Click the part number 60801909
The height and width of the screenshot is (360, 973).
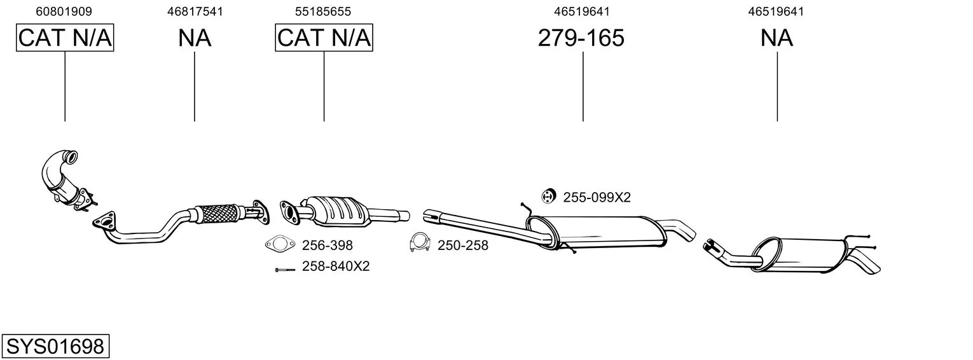click(64, 11)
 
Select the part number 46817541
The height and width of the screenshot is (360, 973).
click(195, 11)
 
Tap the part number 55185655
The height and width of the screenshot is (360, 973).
click(322, 11)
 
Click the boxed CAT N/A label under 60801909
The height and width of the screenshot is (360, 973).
click(65, 38)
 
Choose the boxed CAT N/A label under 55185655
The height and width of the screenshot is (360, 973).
click(324, 38)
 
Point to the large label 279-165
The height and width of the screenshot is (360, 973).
click(581, 38)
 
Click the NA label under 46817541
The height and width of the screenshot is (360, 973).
click(195, 38)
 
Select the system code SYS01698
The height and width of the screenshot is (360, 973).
click(55, 347)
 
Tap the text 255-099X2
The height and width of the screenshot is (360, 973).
click(597, 198)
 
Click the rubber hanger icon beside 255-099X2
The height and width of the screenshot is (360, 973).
click(549, 197)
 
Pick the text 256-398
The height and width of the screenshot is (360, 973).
click(327, 246)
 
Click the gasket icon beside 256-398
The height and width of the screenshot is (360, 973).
click(280, 244)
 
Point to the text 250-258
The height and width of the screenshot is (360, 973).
click(462, 246)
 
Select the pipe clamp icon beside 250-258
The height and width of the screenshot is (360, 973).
click(420, 243)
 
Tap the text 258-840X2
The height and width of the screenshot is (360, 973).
click(336, 266)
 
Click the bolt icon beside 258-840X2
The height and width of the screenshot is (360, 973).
click(285, 270)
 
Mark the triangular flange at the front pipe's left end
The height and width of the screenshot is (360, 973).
click(104, 220)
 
